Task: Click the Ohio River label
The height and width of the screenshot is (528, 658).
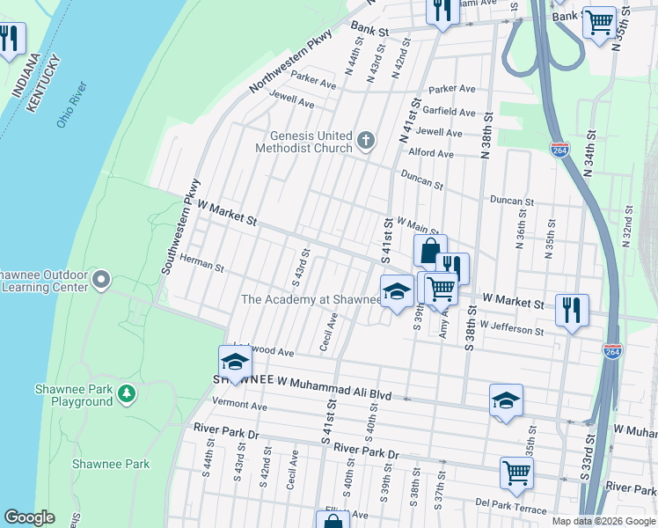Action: pos(70,105)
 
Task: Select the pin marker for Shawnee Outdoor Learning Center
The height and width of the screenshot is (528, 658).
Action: pos(101,281)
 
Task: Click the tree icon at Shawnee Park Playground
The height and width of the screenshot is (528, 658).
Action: pos(128,395)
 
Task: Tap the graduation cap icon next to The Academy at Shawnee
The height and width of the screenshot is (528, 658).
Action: pos(397,291)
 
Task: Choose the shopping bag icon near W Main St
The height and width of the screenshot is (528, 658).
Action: pos(429,251)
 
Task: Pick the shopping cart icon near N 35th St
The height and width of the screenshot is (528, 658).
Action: pos(599,21)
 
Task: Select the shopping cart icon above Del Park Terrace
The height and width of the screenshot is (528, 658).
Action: pos(515,472)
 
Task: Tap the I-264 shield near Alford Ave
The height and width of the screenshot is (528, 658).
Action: pos(558,149)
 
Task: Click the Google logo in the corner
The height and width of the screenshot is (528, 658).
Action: pos(28,517)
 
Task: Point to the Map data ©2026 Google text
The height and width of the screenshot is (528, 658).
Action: pos(603,521)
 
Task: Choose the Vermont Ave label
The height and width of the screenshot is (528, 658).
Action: pos(239,406)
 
